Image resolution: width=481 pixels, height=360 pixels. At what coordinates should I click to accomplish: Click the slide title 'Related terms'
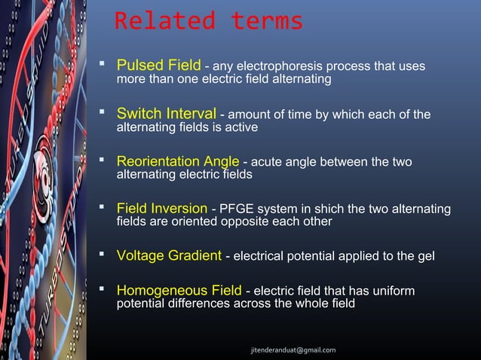(208, 21)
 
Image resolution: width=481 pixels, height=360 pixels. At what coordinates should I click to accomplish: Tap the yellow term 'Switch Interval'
(166, 114)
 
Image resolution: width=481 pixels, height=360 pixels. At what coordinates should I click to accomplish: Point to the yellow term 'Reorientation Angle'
(178, 162)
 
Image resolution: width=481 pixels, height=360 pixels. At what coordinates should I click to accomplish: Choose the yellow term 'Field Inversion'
(161, 209)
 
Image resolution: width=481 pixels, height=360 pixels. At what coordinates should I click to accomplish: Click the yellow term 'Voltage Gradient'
(169, 256)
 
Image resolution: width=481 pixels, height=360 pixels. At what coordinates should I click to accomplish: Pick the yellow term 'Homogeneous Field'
(179, 291)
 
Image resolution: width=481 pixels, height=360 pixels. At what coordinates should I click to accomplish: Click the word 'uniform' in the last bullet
(394, 291)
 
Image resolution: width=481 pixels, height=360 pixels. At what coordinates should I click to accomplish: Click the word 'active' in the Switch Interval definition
(241, 128)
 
